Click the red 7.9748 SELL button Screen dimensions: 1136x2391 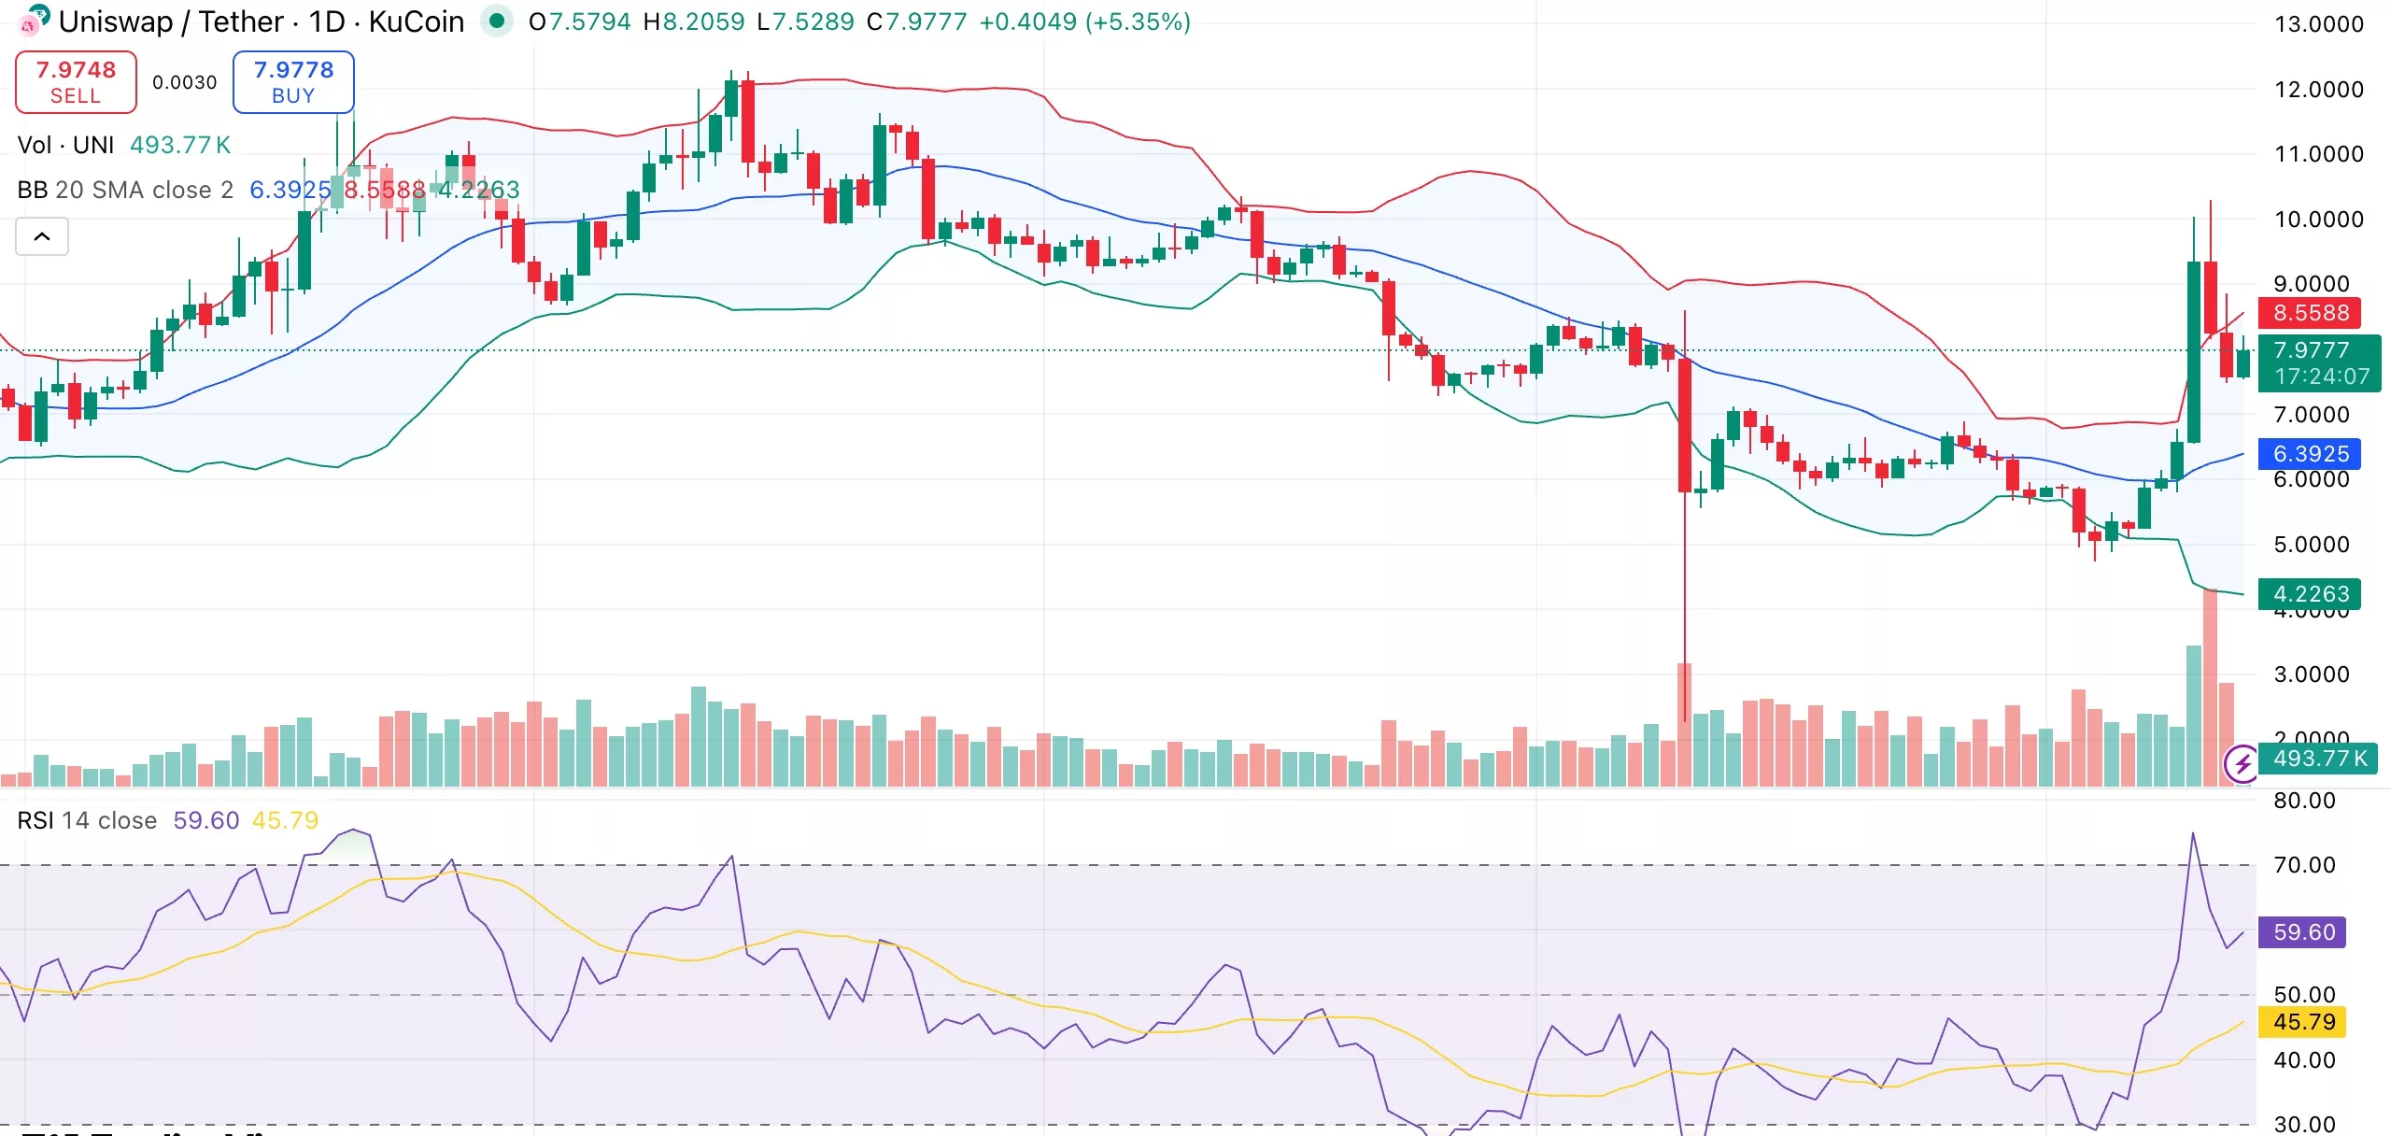click(x=76, y=82)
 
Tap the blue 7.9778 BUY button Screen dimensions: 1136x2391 click(x=293, y=82)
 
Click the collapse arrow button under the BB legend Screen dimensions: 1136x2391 click(x=42, y=236)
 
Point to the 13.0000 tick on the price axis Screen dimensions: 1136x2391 click(x=2318, y=24)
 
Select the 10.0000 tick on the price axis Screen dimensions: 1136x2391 click(x=2318, y=220)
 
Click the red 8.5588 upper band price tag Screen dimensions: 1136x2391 click(x=2310, y=313)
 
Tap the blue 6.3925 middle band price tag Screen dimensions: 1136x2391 click(x=2310, y=454)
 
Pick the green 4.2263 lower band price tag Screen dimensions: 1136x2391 click(x=2310, y=594)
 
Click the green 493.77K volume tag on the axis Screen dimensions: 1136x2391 click(x=2319, y=759)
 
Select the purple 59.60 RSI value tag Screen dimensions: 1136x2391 click(x=2303, y=932)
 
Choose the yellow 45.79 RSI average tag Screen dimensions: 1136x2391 click(x=2303, y=1022)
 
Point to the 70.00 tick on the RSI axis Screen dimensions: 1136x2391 click(x=2304, y=865)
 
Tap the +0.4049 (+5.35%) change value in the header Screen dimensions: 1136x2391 click(x=1084, y=21)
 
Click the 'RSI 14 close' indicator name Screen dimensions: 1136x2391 click(x=87, y=820)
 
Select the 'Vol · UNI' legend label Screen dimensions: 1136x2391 click(x=65, y=145)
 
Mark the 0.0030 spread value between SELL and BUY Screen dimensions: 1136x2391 click(x=184, y=82)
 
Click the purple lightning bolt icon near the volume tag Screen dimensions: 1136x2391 click(x=2242, y=765)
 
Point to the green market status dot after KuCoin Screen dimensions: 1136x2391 click(x=497, y=20)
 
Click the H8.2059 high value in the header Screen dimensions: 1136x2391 click(x=694, y=21)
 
